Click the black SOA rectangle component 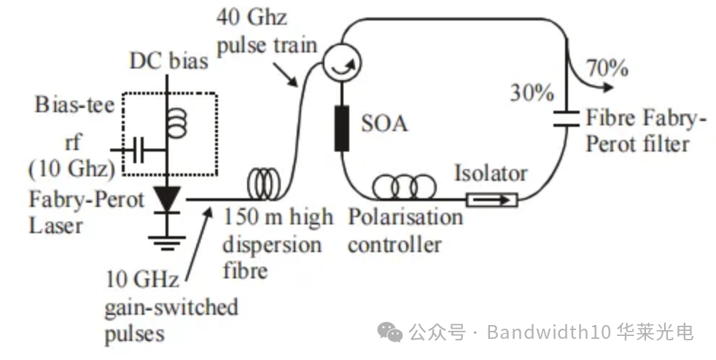[341, 128]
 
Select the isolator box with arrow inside [490, 198]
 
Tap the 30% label [532, 93]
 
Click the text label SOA [385, 123]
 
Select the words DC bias [168, 60]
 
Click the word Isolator [491, 173]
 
